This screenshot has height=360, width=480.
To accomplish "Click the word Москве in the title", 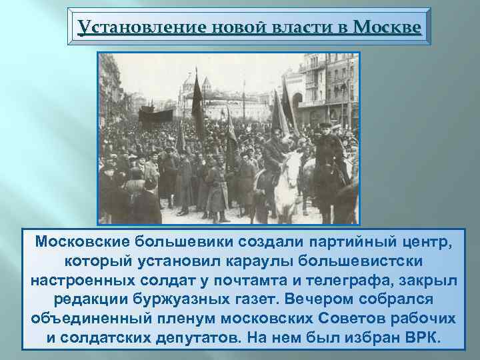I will click(x=387, y=27).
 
